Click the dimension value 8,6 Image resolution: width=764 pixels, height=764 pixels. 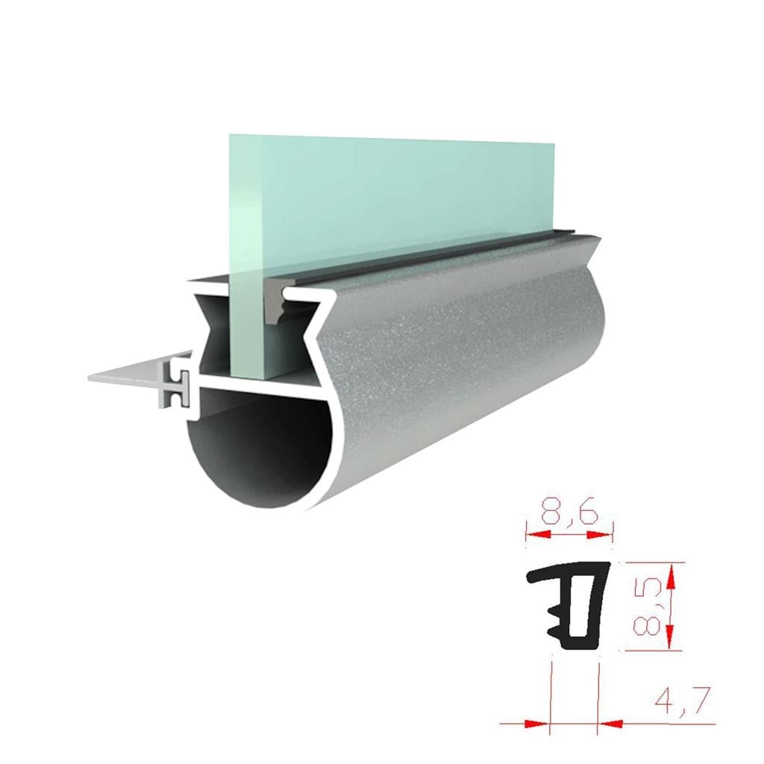pyautogui.click(x=569, y=513)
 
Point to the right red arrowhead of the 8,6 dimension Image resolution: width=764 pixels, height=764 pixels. pyautogui.click(x=599, y=535)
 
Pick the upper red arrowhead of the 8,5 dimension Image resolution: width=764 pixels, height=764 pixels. pyautogui.click(x=671, y=576)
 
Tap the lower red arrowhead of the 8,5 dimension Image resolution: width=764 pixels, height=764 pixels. pyautogui.click(x=671, y=636)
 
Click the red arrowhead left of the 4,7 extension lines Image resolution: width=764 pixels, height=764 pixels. pyautogui.click(x=537, y=724)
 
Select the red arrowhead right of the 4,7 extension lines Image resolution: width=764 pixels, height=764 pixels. pyautogui.click(x=610, y=724)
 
